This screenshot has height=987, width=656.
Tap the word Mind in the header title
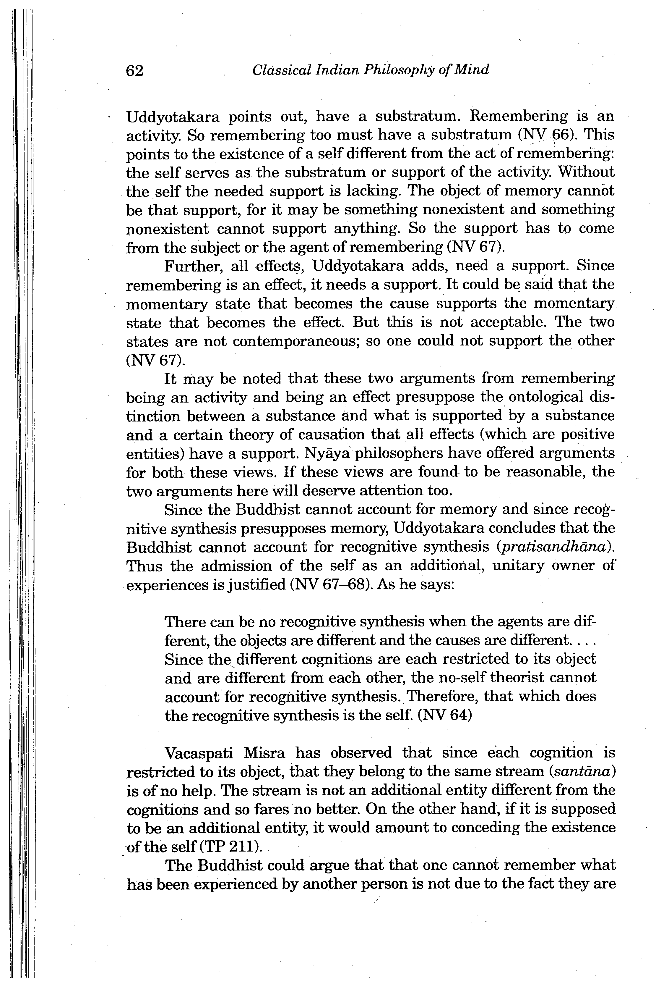pos(472,70)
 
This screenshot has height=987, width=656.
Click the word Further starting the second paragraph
pos(187,266)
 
